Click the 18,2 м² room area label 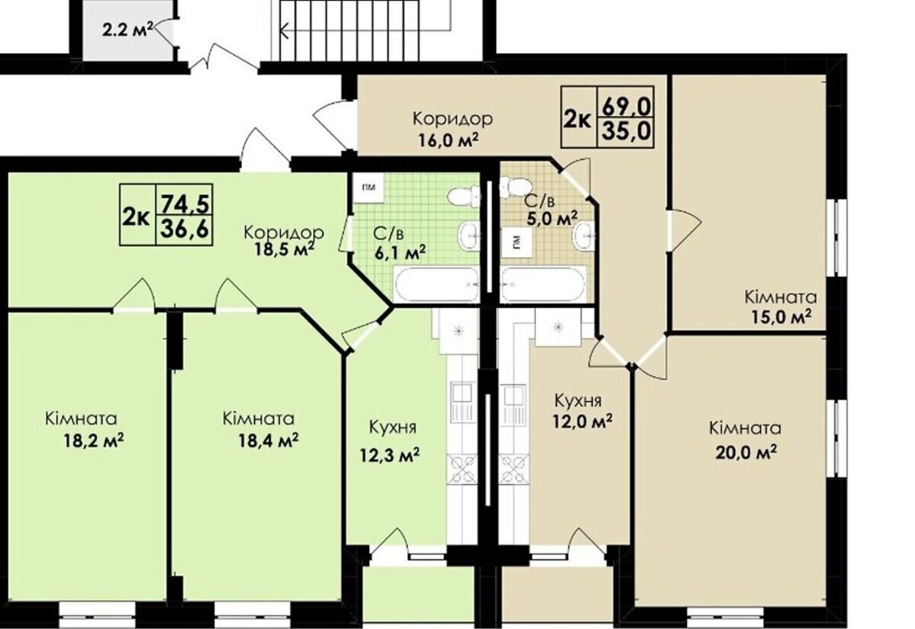point(93,440)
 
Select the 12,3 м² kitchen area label point(390,455)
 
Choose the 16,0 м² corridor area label point(448,140)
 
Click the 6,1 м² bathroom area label point(399,252)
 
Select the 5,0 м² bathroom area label point(552,219)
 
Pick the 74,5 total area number point(185,204)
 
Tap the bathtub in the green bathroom point(437,284)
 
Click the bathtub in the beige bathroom point(543,284)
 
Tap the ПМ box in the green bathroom point(368,188)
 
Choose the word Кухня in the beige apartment point(578,401)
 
